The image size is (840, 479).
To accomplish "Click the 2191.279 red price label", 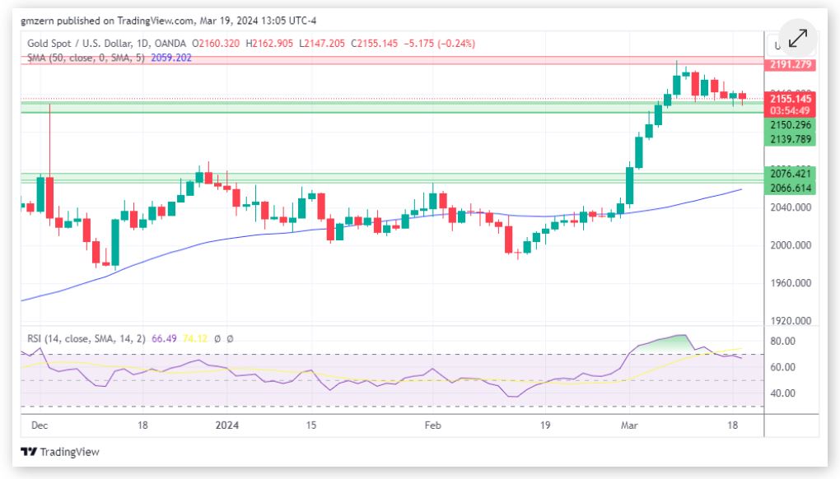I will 790,64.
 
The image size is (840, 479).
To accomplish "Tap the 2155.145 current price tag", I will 790,98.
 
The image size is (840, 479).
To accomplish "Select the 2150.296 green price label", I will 790,125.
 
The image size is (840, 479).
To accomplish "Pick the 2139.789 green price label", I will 790,139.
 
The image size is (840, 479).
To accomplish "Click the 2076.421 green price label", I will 790,174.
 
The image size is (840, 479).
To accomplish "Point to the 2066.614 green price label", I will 790,188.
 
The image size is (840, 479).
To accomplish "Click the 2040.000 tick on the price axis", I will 790,207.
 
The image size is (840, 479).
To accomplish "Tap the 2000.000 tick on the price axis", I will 790,245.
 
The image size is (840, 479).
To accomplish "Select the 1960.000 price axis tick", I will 790,283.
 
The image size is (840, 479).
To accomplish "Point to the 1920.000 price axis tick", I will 790,321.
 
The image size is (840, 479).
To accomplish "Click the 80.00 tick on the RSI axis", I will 782,341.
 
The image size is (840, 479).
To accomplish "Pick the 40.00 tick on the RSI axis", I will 782,393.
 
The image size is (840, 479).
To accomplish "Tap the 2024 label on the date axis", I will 226,426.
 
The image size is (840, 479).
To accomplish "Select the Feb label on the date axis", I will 432,426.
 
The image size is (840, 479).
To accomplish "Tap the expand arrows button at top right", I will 797,40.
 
